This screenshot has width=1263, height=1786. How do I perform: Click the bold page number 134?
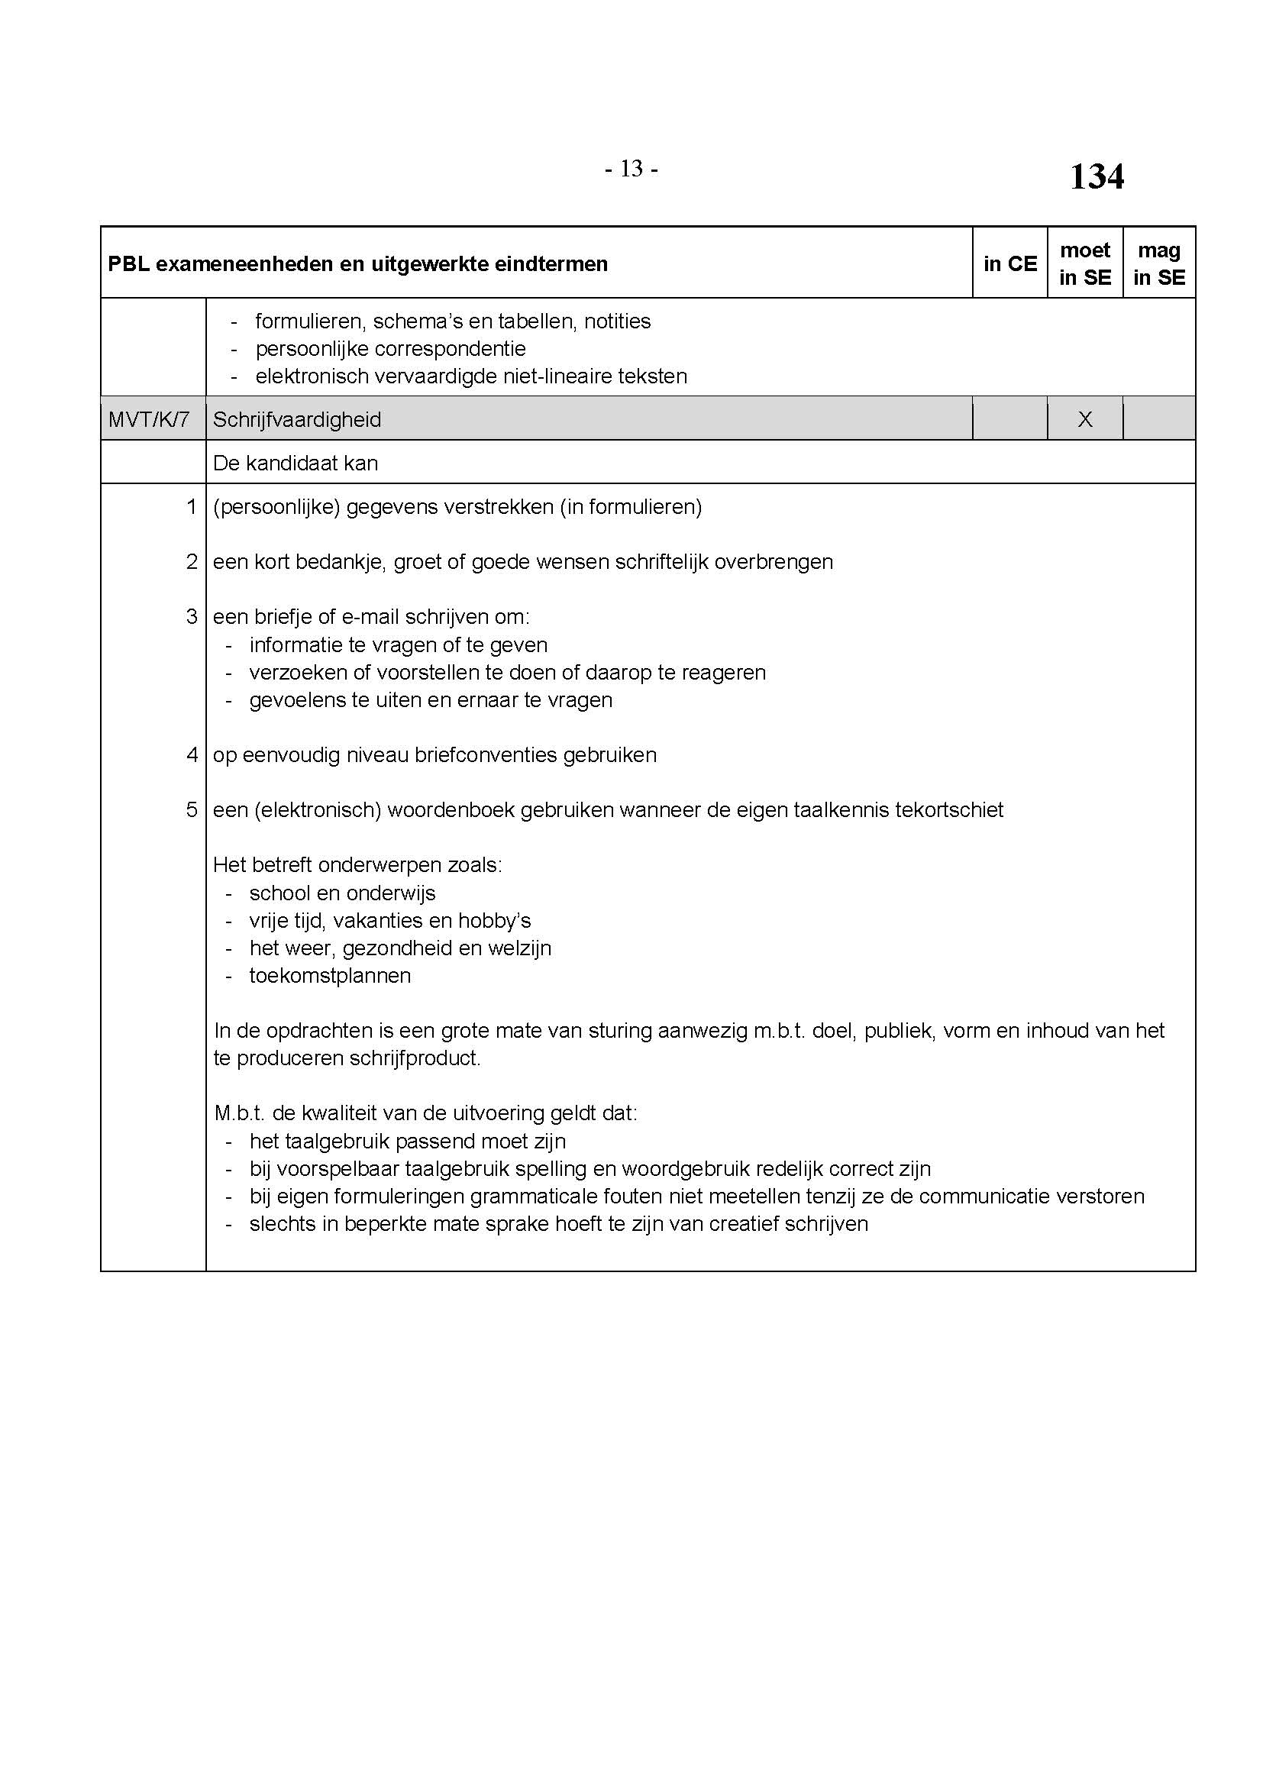[1096, 176]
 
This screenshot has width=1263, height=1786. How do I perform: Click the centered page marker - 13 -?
[631, 169]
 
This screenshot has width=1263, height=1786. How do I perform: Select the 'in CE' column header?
[1009, 263]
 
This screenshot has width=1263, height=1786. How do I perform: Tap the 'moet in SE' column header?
[1085, 263]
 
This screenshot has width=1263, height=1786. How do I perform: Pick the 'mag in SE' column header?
[1159, 263]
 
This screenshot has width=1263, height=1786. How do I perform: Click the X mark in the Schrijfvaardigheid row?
[1085, 420]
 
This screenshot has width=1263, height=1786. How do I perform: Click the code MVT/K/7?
[149, 420]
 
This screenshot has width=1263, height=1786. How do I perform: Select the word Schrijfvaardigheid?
[297, 420]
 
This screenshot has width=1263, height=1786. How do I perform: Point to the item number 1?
[192, 507]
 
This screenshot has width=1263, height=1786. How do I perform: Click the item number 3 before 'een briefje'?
[192, 617]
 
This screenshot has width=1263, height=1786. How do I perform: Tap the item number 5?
[192, 809]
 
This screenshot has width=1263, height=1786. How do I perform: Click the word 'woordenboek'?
[451, 809]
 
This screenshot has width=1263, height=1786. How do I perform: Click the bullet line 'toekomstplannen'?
[330, 975]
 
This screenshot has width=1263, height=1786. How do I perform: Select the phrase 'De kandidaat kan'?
[296, 463]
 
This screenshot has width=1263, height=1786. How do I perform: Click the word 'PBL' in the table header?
[128, 264]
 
